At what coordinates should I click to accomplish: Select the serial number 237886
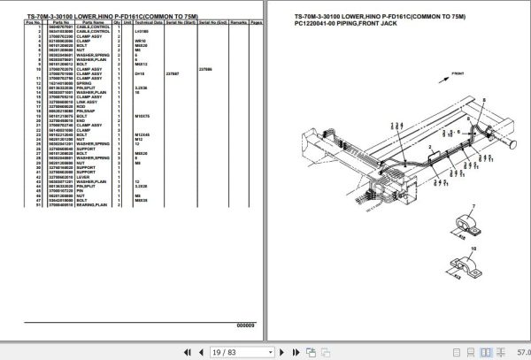coord(204,70)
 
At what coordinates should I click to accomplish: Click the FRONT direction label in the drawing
coord(458,75)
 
